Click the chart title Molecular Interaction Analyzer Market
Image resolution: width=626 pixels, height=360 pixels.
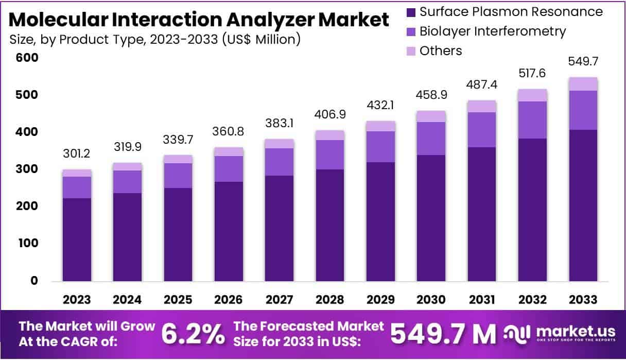click(x=199, y=20)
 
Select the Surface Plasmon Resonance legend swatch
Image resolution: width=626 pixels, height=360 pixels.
click(x=411, y=12)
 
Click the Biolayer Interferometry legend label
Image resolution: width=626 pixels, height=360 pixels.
click(x=493, y=31)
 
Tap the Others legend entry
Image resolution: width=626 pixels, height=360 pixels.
click(x=441, y=50)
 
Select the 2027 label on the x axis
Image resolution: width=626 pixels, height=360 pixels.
click(x=280, y=300)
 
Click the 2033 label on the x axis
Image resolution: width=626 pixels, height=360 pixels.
click(x=583, y=300)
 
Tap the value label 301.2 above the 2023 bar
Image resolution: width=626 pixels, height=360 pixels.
click(x=77, y=153)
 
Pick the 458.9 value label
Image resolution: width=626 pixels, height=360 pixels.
click(x=431, y=95)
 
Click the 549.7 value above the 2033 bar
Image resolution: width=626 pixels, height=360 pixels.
click(x=583, y=61)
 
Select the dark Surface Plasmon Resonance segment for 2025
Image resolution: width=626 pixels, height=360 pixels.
click(x=178, y=234)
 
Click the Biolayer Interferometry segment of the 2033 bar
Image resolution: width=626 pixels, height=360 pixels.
click(x=583, y=110)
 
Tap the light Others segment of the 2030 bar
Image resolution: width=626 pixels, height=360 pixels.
click(x=431, y=116)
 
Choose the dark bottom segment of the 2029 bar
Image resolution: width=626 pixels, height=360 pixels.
click(x=381, y=221)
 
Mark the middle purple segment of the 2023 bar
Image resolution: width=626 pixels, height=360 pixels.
click(x=77, y=187)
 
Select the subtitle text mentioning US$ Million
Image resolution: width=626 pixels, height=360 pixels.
click(x=155, y=39)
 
